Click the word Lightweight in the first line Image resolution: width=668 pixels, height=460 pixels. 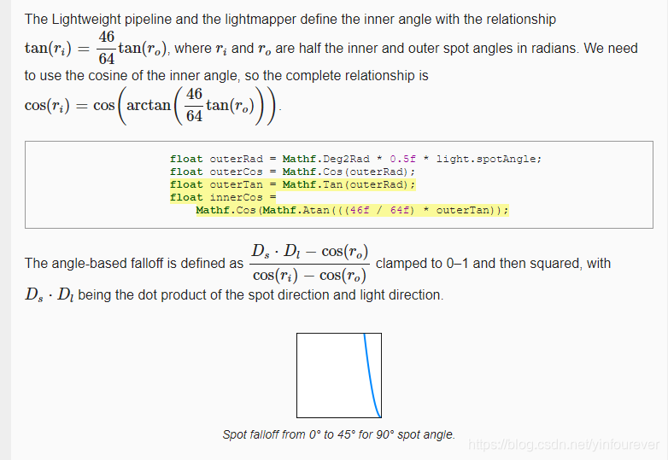pos(88,19)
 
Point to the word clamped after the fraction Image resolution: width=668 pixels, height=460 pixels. pos(402,263)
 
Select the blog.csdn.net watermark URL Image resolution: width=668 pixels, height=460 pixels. pos(565,444)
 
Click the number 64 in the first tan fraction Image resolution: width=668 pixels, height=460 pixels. pos(106,60)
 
